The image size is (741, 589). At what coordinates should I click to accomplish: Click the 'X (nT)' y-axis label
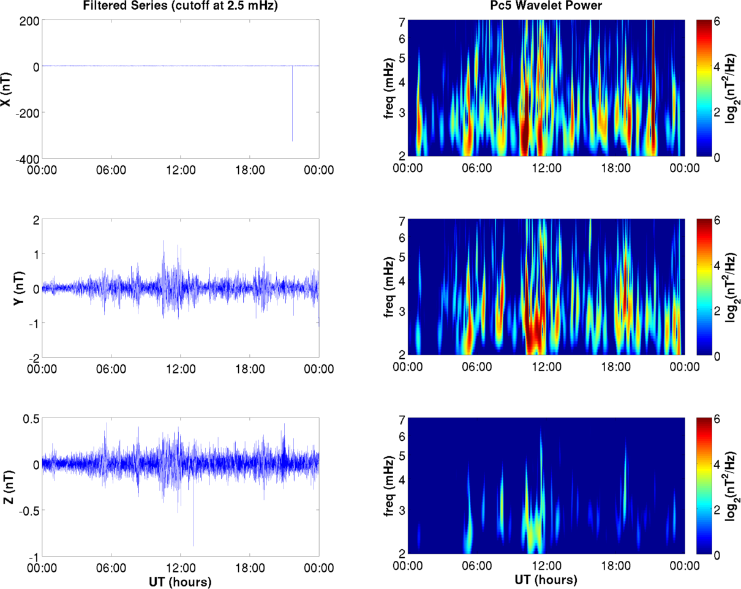(8, 89)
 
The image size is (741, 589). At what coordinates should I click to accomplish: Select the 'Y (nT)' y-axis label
(8, 288)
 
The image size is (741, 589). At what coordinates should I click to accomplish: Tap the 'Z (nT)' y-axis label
(8, 487)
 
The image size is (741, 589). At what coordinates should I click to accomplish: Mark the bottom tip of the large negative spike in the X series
(292, 141)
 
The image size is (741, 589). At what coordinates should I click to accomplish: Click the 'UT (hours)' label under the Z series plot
(182, 582)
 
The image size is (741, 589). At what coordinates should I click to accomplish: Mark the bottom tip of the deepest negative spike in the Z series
(194, 546)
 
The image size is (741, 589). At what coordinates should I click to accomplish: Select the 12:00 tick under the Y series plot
(182, 369)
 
